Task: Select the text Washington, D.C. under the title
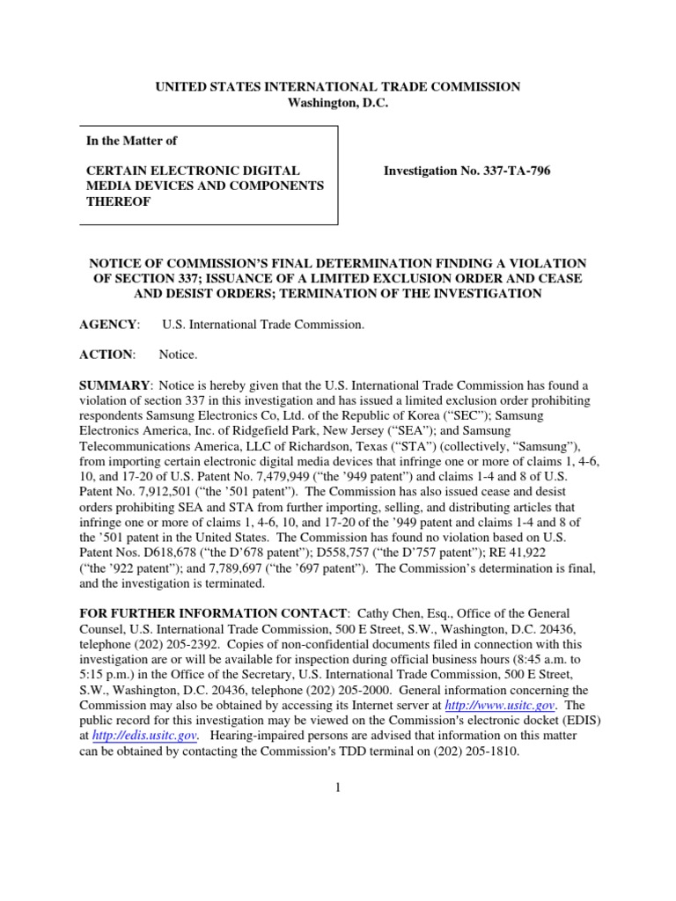[x=338, y=103]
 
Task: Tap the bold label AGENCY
[x=109, y=325]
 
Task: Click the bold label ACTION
[x=107, y=355]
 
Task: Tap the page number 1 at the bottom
[x=337, y=787]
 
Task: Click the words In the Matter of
[x=131, y=140]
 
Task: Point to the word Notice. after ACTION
[x=179, y=355]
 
